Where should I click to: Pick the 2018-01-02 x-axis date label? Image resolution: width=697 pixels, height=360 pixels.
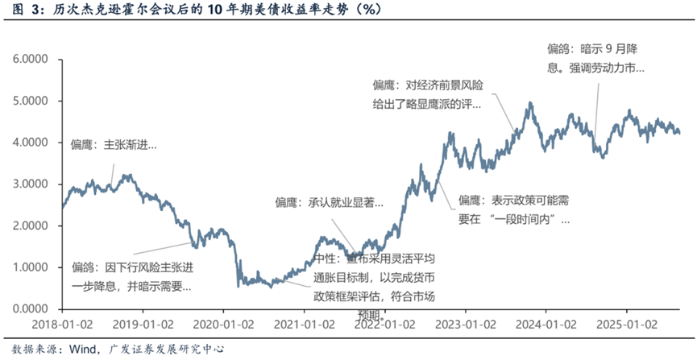(62, 325)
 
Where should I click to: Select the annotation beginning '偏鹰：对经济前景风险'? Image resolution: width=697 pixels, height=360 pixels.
(427, 93)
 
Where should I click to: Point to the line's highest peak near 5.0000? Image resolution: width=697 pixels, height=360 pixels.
(530, 103)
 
